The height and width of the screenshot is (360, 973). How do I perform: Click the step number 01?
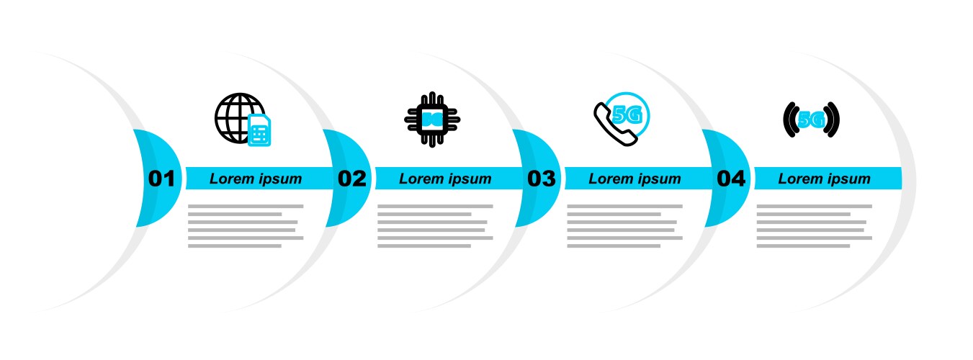161,179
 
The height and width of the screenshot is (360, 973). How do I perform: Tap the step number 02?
352,179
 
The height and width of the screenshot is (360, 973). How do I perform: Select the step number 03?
542,179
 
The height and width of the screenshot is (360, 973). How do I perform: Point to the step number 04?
731,179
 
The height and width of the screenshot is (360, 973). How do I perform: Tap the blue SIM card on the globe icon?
259,130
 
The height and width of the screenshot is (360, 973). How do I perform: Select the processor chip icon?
432,120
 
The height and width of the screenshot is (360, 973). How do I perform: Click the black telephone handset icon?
614,125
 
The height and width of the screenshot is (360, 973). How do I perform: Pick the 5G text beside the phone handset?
627,115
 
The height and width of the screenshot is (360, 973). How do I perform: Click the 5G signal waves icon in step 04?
811,120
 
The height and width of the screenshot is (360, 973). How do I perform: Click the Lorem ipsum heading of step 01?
256,179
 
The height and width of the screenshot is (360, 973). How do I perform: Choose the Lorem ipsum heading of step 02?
445,179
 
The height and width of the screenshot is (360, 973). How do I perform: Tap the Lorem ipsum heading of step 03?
635,179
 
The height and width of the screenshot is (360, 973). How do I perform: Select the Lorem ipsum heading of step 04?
824,179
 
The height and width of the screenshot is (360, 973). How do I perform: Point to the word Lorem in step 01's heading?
231,179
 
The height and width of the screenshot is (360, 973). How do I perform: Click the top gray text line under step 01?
246,206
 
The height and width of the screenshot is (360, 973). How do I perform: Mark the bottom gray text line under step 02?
424,246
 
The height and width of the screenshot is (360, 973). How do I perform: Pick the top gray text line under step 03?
624,206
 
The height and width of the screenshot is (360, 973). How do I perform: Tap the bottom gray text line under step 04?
803,246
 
